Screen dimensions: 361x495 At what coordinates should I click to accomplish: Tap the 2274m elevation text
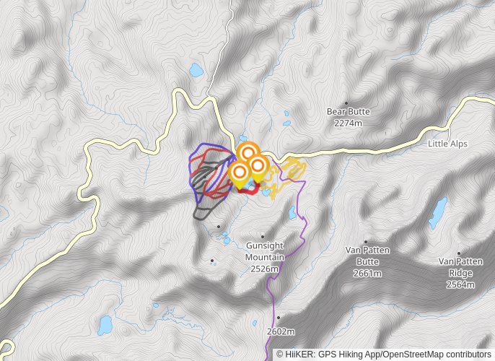click(x=348, y=123)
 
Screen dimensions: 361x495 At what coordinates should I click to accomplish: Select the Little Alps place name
click(x=447, y=144)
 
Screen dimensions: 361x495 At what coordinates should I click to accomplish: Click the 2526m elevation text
click(x=265, y=269)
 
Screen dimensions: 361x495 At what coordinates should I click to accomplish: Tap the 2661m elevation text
click(x=367, y=274)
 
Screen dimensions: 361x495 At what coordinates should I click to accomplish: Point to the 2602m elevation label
click(x=281, y=331)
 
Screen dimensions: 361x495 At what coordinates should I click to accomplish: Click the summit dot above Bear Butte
click(x=346, y=103)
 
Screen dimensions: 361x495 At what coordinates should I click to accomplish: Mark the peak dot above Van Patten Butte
click(x=366, y=242)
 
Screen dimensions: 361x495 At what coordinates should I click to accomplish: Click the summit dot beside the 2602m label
click(x=277, y=318)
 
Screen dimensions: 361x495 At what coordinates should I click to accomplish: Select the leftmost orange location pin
click(x=239, y=173)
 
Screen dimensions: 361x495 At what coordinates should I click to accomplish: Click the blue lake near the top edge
click(x=196, y=71)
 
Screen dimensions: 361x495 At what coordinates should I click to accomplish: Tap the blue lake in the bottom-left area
click(x=105, y=324)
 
